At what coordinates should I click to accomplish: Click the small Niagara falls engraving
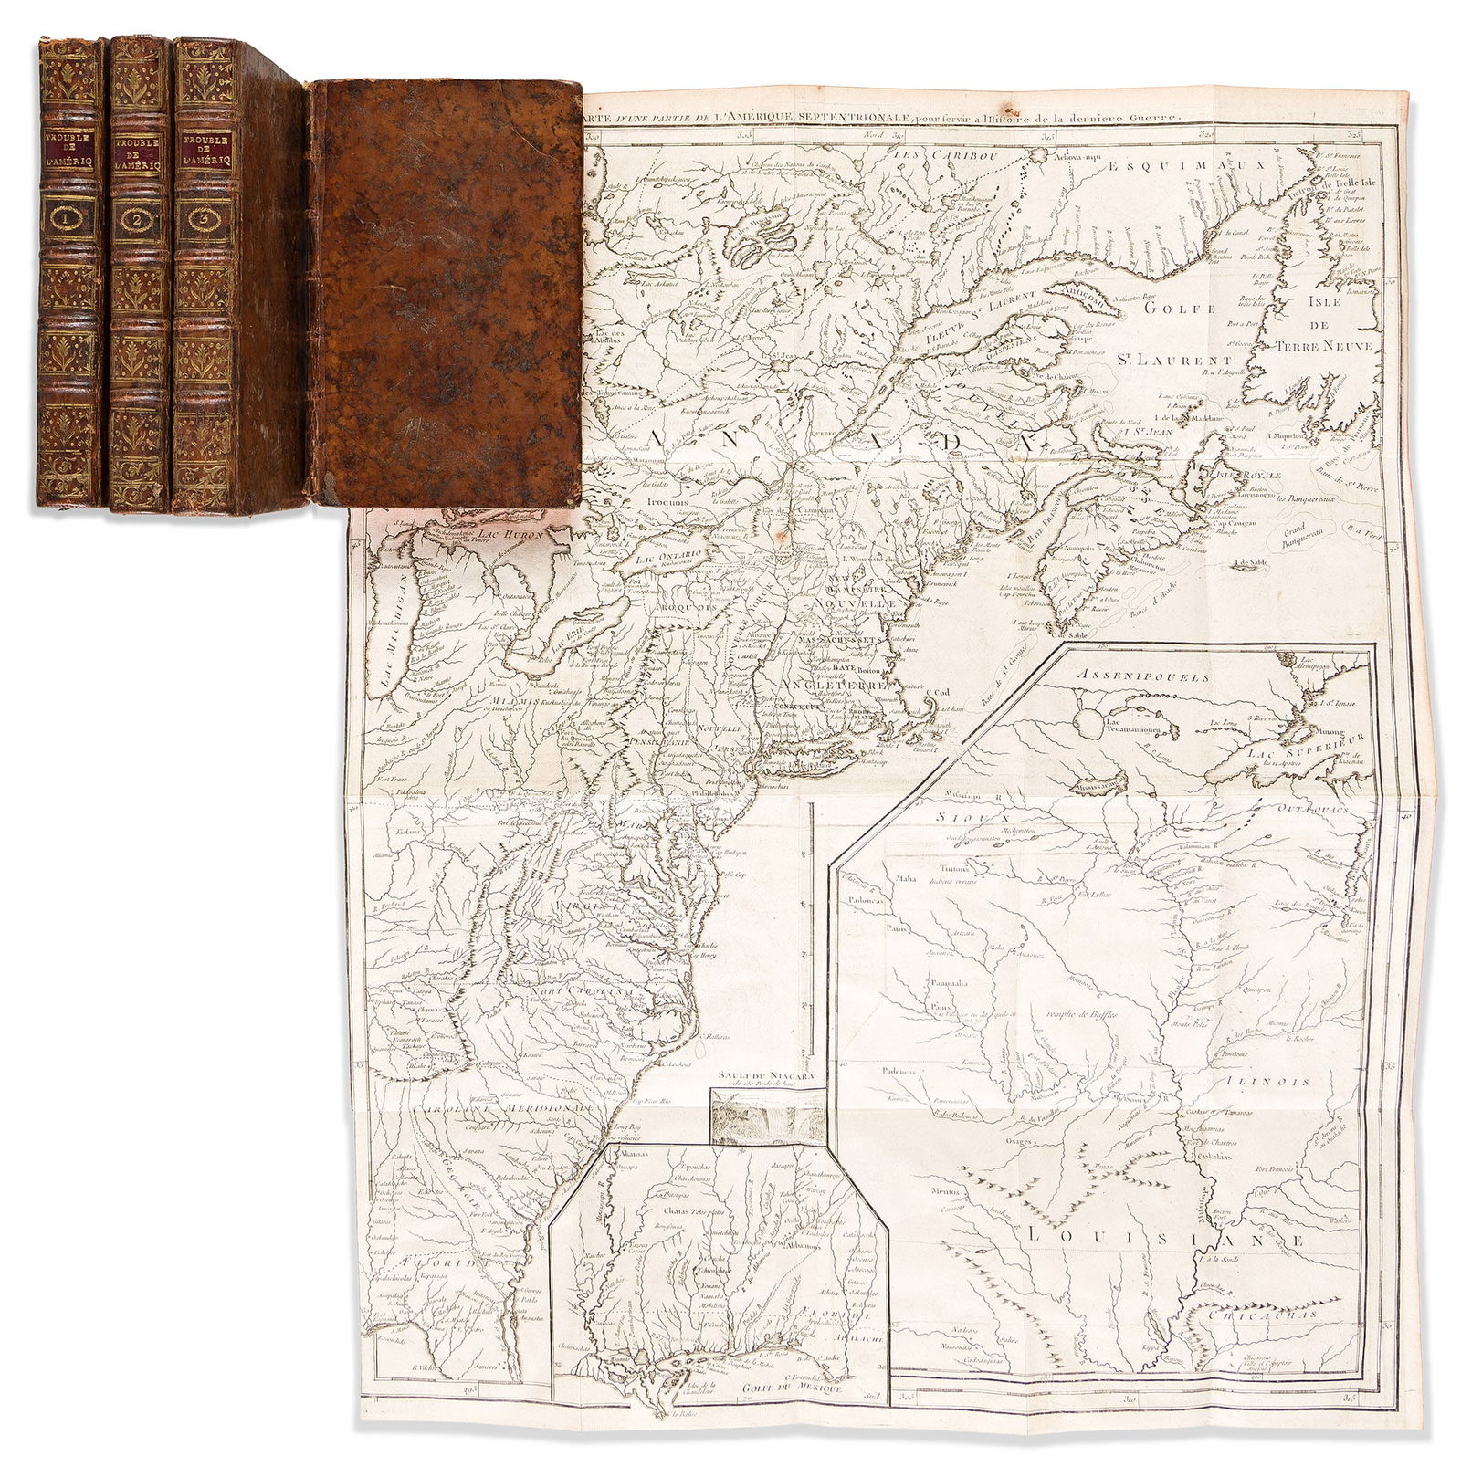(x=767, y=1115)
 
